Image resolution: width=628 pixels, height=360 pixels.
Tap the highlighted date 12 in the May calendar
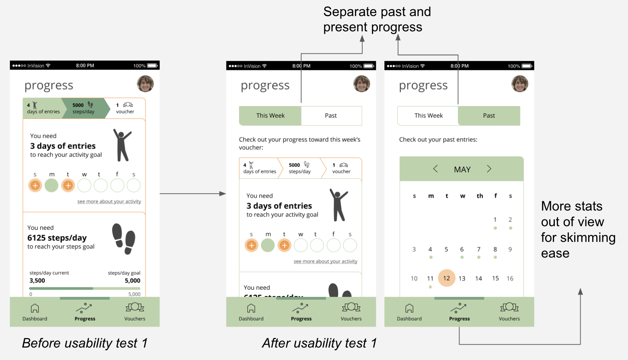[446, 278]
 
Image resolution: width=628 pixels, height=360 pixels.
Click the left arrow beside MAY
[435, 169]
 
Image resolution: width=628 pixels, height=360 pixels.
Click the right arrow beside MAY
[489, 169]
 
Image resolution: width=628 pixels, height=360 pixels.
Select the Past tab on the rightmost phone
[489, 116]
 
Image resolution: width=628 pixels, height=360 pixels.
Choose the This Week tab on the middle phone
[270, 116]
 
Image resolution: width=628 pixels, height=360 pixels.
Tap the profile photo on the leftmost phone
[145, 84]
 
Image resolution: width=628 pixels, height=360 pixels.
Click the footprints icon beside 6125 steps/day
[124, 239]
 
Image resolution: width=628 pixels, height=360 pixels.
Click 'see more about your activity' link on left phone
[109, 201]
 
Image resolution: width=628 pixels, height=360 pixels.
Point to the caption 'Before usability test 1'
[85, 343]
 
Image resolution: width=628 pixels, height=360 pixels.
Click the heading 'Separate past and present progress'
[377, 19]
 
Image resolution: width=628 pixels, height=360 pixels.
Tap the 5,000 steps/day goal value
[132, 280]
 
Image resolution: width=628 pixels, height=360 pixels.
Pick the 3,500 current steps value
[37, 280]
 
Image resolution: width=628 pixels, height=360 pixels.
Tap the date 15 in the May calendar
[495, 278]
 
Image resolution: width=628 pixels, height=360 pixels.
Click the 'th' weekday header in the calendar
[480, 196]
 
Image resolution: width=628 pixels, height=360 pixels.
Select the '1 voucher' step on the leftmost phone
[125, 108]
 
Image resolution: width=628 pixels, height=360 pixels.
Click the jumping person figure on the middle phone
[339, 205]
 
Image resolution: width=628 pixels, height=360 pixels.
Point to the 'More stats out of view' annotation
[578, 229]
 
